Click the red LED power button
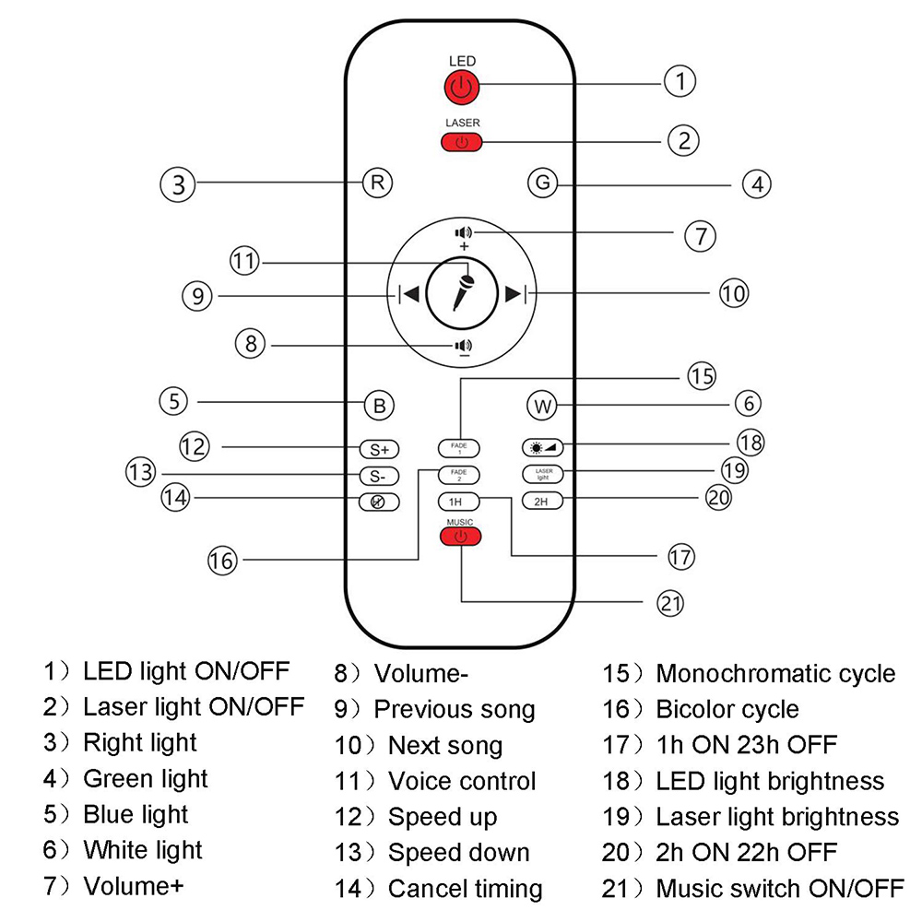(462, 88)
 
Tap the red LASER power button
(462, 142)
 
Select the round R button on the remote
(376, 182)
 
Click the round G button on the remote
(543, 183)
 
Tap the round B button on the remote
(378, 405)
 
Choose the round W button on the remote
(542, 405)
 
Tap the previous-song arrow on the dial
(408, 294)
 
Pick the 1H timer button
(455, 502)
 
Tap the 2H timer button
(541, 502)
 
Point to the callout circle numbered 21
(671, 603)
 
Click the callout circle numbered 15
(700, 376)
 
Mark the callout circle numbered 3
(177, 183)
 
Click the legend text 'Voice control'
(461, 781)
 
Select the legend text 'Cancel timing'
(465, 889)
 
